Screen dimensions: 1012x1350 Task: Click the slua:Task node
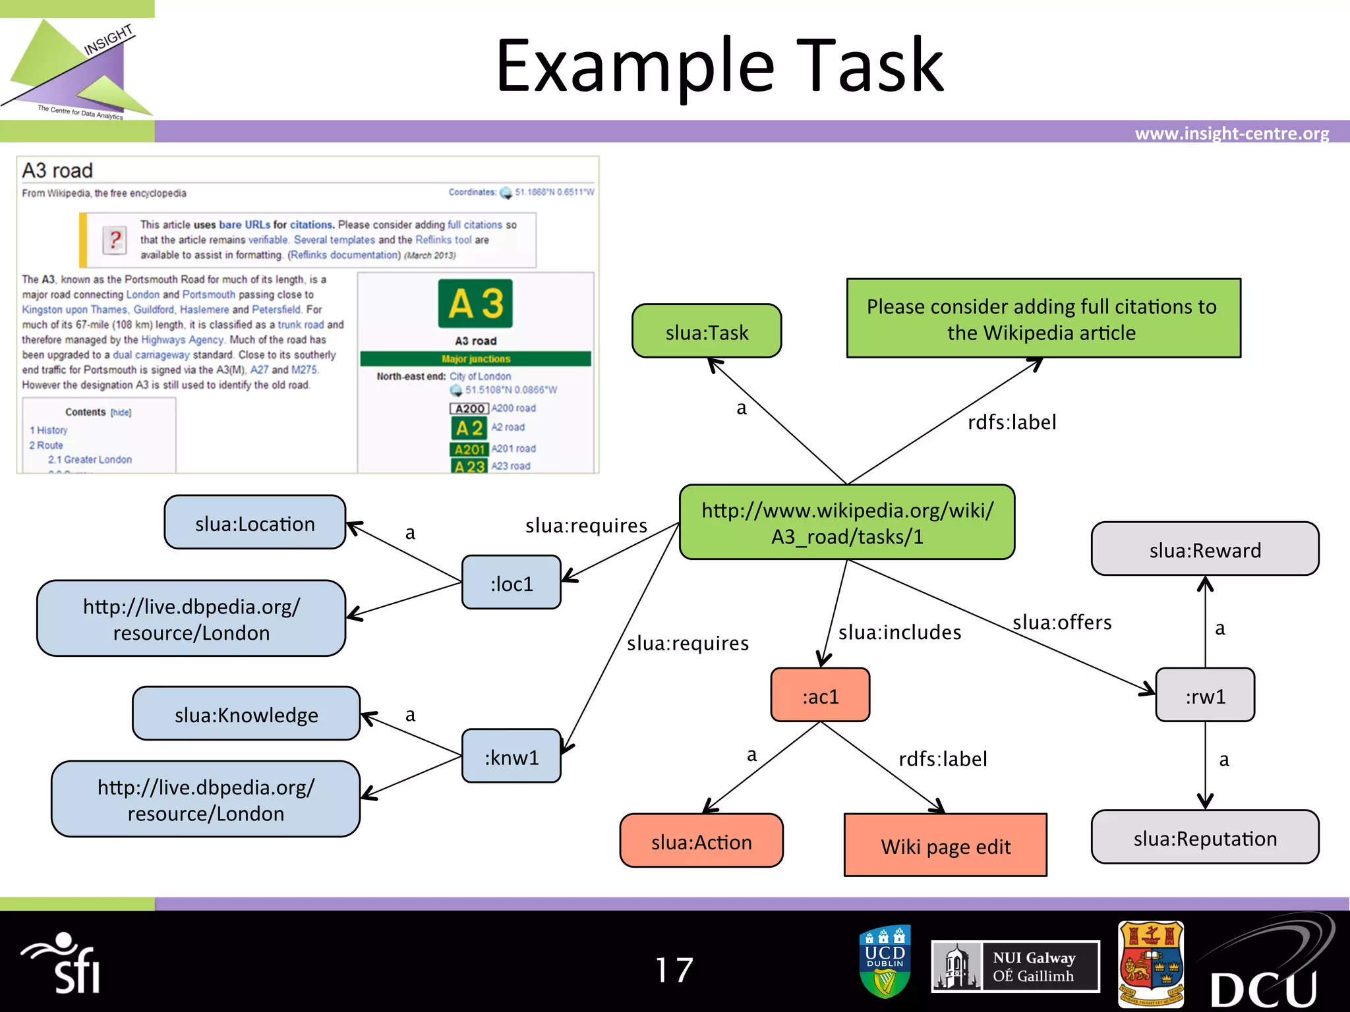coord(707,331)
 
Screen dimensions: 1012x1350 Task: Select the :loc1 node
coord(512,583)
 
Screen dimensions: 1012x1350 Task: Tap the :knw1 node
coord(512,756)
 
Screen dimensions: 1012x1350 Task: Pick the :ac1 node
coord(820,696)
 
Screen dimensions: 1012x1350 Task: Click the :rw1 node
coord(1205,696)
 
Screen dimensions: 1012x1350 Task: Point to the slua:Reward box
coord(1205,549)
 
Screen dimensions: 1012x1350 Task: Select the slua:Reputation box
coord(1205,837)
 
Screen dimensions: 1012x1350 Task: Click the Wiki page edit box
coord(945,845)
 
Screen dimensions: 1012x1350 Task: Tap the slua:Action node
coord(701,841)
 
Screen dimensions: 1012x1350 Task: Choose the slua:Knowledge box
coord(246,714)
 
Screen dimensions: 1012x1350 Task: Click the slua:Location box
coord(254,523)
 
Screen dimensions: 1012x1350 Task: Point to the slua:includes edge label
coord(899,632)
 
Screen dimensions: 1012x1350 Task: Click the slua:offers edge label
coord(1062,623)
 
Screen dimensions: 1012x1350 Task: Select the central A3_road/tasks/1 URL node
coord(847,522)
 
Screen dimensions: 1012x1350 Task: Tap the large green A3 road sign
coord(475,304)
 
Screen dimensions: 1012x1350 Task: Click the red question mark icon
coord(115,240)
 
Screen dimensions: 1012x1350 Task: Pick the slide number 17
coord(674,970)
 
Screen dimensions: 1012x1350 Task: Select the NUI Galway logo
coord(1015,967)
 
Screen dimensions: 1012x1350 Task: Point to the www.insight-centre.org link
coord(1231,134)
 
